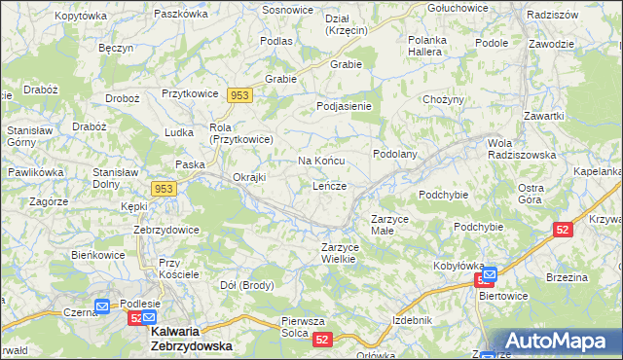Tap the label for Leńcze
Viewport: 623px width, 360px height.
coord(330,185)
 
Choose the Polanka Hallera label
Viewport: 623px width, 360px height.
coord(425,46)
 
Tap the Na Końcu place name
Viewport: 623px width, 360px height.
coord(320,160)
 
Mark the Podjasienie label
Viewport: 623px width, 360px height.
coord(346,106)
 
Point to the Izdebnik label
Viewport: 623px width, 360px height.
coord(411,319)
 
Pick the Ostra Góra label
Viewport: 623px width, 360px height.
coord(530,193)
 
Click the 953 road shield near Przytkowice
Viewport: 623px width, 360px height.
coord(239,94)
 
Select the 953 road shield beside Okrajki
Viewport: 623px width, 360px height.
coord(164,188)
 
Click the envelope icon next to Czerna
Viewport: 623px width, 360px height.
coord(102,306)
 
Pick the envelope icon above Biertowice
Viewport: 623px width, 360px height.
coord(490,274)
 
